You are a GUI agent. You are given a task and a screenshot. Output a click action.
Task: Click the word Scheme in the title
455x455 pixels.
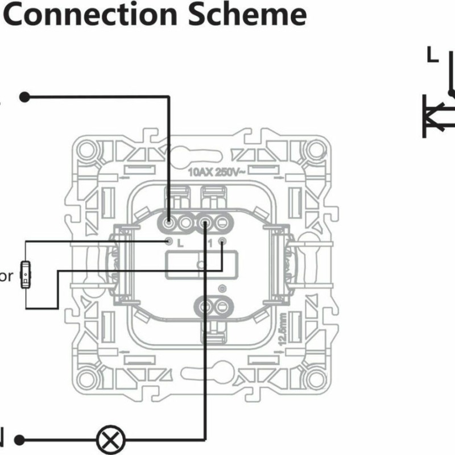click(x=255, y=15)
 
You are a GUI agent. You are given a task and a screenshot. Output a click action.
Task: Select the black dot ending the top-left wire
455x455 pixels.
click(x=24, y=97)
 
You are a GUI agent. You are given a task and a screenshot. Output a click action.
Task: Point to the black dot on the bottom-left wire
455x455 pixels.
click(x=20, y=440)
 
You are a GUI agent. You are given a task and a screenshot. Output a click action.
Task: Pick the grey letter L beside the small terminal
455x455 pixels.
click(x=180, y=243)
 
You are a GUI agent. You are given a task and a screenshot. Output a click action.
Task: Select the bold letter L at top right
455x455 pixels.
click(x=433, y=55)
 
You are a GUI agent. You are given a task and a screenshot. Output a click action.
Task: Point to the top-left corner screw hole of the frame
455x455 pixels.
click(x=87, y=150)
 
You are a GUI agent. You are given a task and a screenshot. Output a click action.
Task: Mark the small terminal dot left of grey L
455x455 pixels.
click(x=169, y=242)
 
